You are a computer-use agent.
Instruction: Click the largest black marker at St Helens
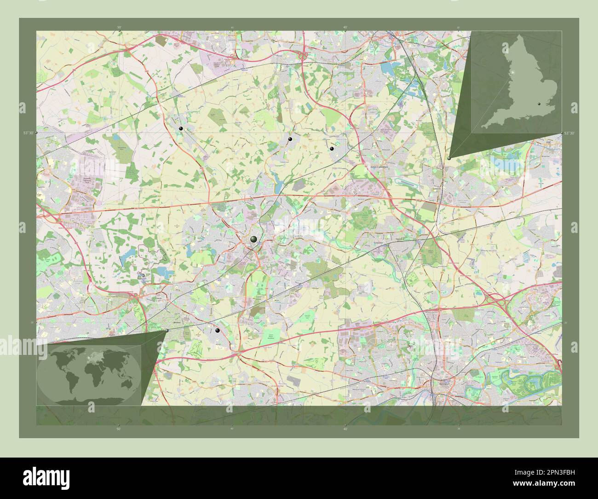point(253,239)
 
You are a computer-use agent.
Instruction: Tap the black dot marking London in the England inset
point(539,105)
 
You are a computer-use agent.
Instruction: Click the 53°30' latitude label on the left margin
point(29,133)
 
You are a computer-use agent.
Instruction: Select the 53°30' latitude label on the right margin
point(569,133)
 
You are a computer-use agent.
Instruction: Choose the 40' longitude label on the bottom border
point(345,429)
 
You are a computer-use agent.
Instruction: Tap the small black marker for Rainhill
point(217,331)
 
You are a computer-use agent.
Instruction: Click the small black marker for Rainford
point(181,128)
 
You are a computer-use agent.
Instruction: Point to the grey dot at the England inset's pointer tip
point(448,158)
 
